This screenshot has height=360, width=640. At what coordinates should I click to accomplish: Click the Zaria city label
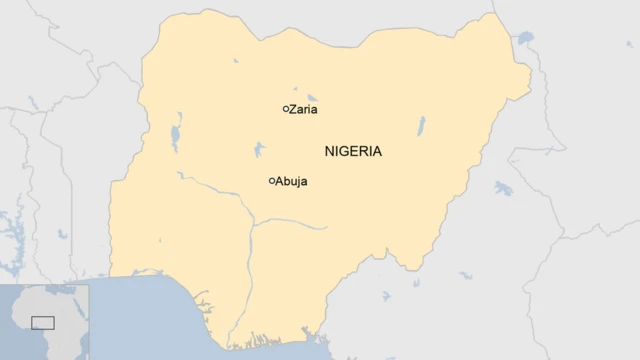(x=304, y=109)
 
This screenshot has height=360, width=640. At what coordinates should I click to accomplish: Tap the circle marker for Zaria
(x=285, y=108)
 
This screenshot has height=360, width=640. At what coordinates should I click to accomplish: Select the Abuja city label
(x=291, y=181)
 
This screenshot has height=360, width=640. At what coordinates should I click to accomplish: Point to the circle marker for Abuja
(x=272, y=181)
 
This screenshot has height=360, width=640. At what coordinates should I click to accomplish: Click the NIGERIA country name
(x=353, y=152)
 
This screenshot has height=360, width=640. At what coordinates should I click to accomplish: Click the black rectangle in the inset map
(x=42, y=322)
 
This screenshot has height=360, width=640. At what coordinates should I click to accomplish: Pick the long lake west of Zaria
(x=176, y=135)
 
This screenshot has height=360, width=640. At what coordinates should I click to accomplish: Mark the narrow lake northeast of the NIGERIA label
(x=421, y=126)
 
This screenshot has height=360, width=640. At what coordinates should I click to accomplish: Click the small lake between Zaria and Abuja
(x=259, y=150)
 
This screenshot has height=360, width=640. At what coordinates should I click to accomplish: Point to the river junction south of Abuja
(x=251, y=224)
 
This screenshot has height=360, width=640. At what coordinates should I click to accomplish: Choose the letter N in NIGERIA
(x=330, y=152)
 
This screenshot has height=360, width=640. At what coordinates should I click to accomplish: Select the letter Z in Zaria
(x=292, y=109)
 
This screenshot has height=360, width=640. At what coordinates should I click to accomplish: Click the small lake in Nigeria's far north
(x=237, y=58)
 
